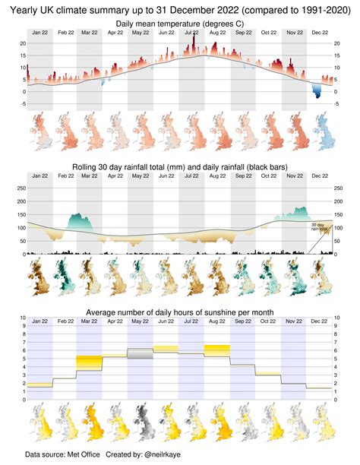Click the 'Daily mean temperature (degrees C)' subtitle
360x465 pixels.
pos(180,25)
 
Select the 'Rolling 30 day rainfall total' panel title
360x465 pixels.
pos(180,166)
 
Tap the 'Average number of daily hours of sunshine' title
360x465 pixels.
pos(180,312)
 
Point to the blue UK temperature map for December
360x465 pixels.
pos(321,132)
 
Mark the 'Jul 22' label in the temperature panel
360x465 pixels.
pos(193,34)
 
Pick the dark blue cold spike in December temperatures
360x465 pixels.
pos(317,92)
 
